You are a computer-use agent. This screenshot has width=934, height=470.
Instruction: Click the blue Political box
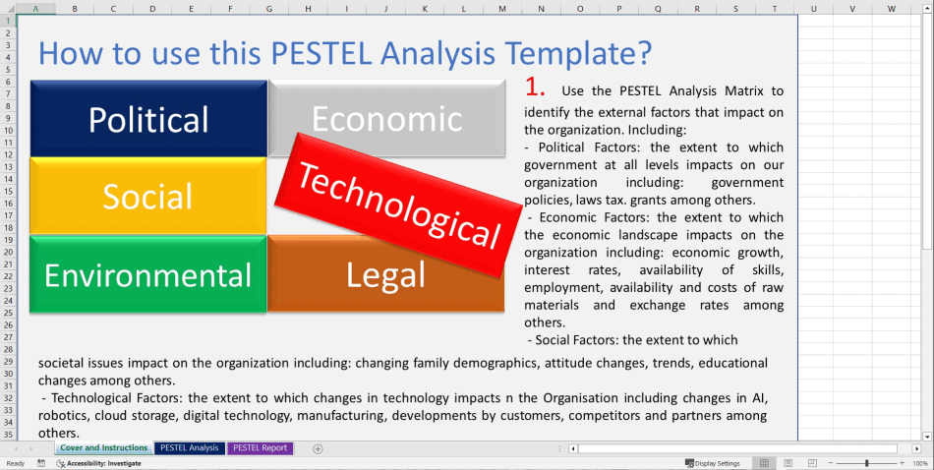(x=148, y=119)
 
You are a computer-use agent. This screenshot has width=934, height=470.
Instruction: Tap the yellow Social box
(x=148, y=196)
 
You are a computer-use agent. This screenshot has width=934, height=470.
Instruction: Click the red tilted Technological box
(x=399, y=204)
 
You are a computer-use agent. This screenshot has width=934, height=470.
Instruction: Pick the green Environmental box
(x=148, y=274)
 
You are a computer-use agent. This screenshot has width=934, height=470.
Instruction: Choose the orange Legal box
(x=385, y=275)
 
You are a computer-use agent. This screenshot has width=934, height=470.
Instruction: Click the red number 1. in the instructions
(x=535, y=87)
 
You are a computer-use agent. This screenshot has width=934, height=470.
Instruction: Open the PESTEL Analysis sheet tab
(x=190, y=448)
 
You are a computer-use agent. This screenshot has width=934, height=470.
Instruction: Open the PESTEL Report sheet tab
(x=261, y=448)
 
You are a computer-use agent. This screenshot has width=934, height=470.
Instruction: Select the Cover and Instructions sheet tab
(x=103, y=448)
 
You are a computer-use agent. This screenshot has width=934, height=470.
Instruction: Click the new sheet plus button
(x=318, y=448)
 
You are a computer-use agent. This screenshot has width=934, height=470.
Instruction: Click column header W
(x=891, y=9)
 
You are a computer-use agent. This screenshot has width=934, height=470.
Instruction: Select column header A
(x=36, y=9)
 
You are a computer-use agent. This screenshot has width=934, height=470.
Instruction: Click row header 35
(x=8, y=434)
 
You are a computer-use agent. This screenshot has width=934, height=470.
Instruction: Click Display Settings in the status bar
(x=712, y=463)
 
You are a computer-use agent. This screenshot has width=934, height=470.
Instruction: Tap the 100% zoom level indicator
(x=920, y=463)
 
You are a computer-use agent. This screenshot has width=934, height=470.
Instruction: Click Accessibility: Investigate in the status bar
(x=98, y=463)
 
